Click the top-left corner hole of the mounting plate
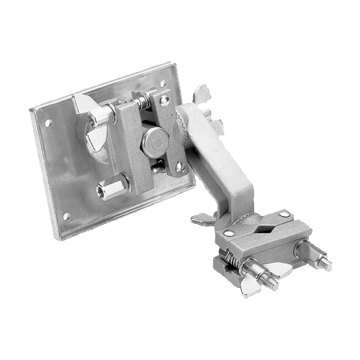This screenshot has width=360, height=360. [x=48, y=123]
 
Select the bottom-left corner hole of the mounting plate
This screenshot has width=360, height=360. [x=66, y=216]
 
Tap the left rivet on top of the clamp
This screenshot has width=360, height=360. [x=229, y=233]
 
